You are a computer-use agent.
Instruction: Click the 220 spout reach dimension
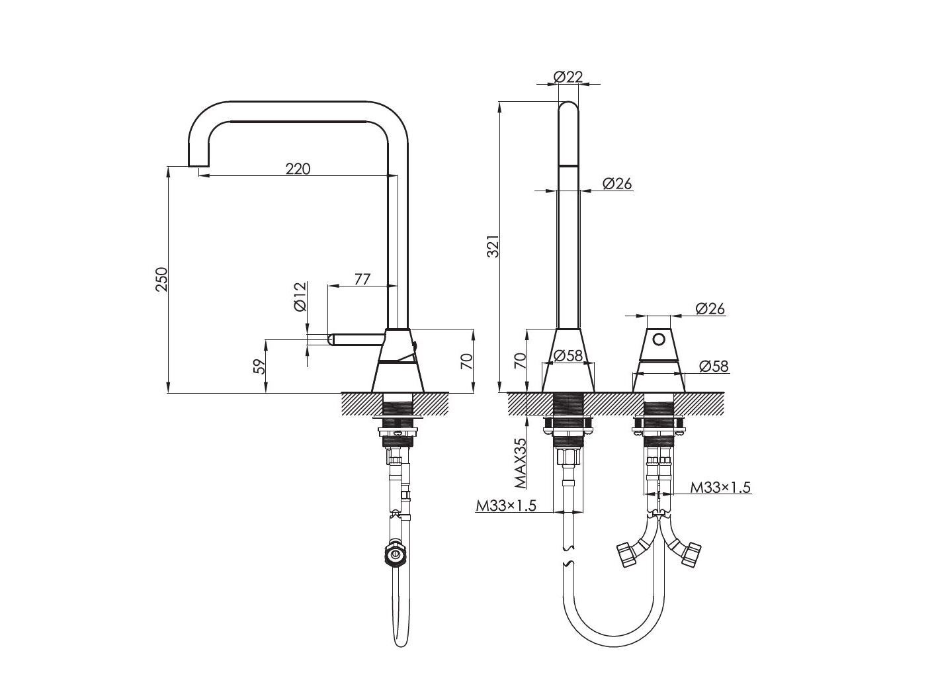point(298,169)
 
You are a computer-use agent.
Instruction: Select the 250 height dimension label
point(162,279)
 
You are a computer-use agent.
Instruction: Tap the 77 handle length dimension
point(362,279)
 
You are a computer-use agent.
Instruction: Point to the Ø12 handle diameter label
point(300,296)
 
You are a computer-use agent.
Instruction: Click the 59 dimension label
point(261,366)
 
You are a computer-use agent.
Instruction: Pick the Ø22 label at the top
point(568,77)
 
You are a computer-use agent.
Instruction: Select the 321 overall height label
point(494,245)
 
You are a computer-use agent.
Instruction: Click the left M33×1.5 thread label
point(506,505)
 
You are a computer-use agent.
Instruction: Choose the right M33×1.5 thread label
point(720,488)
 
